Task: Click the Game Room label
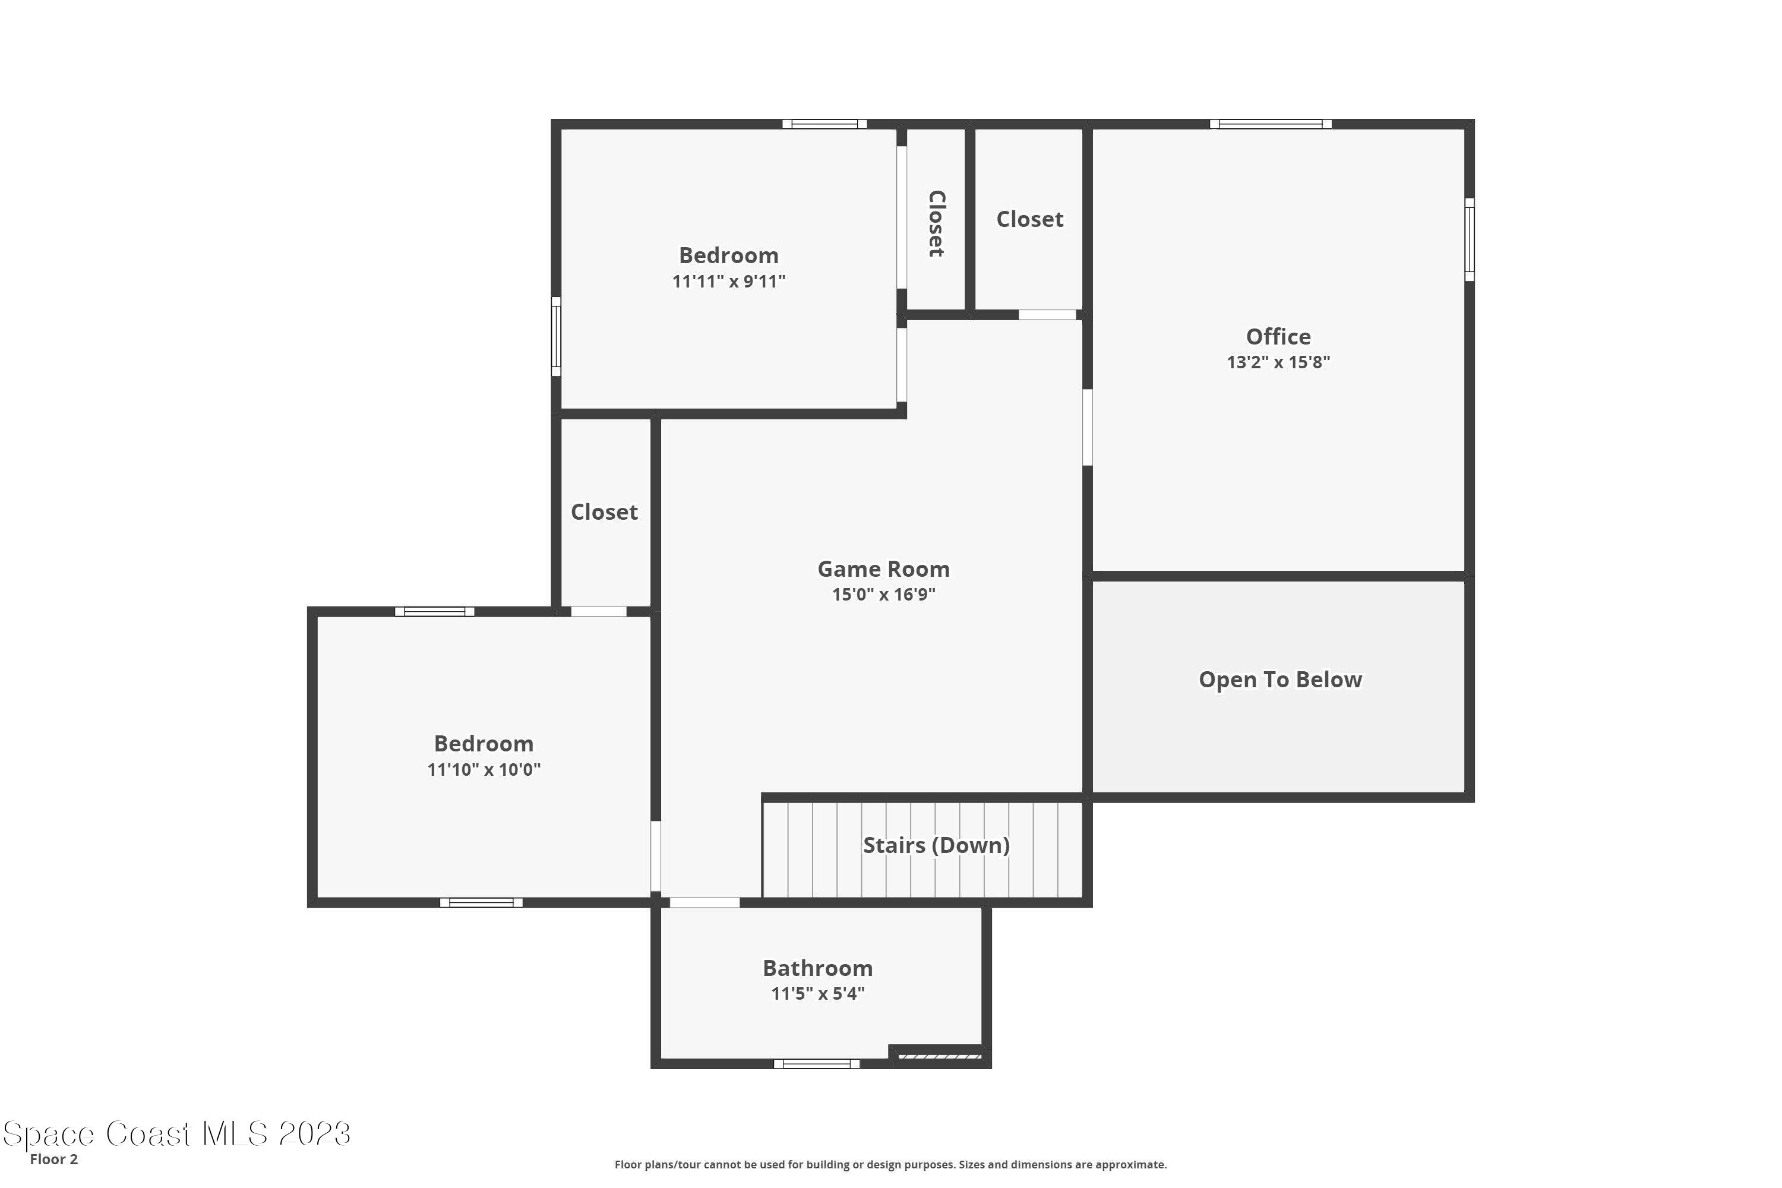point(883,568)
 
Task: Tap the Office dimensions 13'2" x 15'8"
point(1278,362)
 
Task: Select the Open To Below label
point(1279,680)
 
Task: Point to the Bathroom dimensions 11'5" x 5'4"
point(817,993)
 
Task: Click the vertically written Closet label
point(937,223)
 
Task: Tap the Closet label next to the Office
point(1029,219)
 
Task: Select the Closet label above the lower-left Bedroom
point(604,512)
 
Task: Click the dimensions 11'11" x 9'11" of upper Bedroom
point(728,281)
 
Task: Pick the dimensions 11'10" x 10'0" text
point(484,770)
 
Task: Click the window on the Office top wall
point(1270,124)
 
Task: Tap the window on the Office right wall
point(1468,239)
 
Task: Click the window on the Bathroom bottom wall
point(816,1064)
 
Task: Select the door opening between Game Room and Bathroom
point(704,902)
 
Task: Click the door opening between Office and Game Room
point(1087,427)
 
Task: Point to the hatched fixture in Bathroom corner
point(940,1056)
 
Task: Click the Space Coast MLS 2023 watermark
point(177,1134)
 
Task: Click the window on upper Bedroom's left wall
point(556,336)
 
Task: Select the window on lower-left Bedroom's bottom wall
point(481,902)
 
